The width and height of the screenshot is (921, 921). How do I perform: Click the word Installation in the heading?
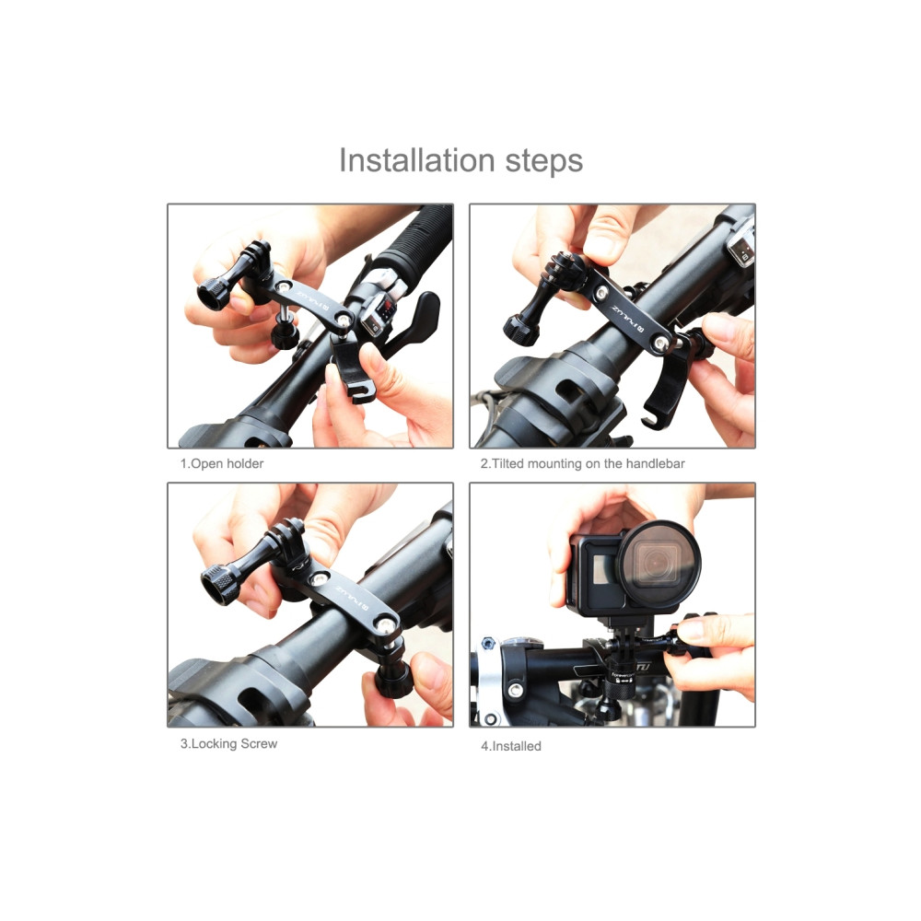[x=417, y=159]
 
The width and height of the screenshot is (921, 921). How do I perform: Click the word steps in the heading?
[x=544, y=161]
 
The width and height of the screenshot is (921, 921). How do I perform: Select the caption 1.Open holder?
[x=221, y=463]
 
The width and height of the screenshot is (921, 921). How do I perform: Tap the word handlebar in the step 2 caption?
[x=656, y=463]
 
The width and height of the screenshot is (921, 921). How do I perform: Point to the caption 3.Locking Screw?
[x=228, y=743]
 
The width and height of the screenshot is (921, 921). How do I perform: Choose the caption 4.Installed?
[x=511, y=746]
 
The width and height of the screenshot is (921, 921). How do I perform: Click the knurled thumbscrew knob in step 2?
[x=520, y=331]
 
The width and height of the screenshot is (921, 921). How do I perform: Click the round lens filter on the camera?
[x=659, y=563]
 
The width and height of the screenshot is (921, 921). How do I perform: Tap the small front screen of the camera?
[x=603, y=569]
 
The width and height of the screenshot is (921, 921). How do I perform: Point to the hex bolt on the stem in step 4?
[x=487, y=643]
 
